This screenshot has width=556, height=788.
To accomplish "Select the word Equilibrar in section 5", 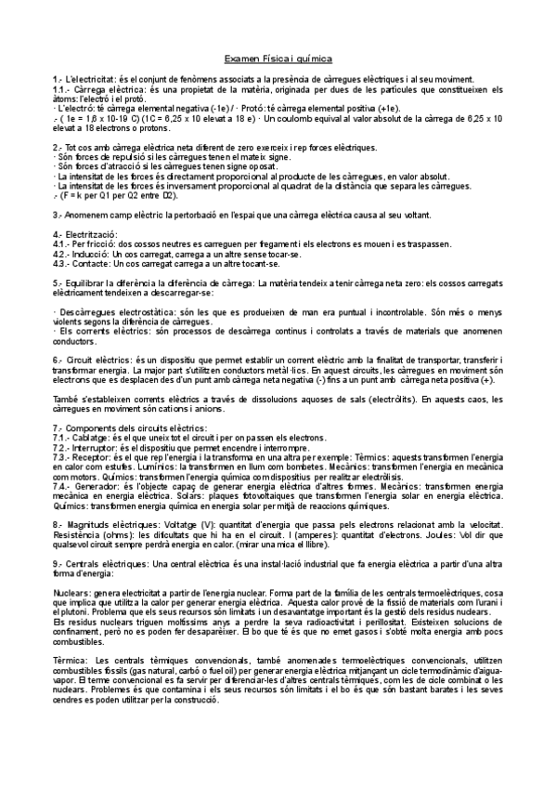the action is point(87,282).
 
